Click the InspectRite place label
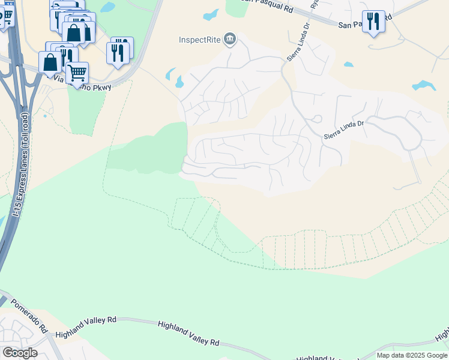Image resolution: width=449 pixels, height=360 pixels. tap(200, 40)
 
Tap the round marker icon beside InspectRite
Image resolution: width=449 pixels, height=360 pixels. tap(229, 40)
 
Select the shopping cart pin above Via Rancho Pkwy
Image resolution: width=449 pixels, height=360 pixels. tap(77, 73)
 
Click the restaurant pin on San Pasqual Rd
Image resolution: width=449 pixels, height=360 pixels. tap(373, 22)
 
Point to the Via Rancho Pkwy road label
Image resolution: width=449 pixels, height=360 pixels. tap(83, 83)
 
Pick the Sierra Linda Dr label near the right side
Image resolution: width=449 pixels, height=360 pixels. tap(344, 130)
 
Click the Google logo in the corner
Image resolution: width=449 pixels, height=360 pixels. tap(20, 352)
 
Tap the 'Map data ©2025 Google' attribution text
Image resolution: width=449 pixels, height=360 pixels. tap(412, 355)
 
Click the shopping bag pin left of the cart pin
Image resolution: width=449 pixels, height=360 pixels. tap(50, 62)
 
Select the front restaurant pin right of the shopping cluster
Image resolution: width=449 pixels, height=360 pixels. tap(117, 53)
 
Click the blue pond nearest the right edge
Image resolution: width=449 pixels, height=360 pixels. tap(424, 85)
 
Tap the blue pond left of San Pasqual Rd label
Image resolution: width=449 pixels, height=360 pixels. tap(211, 15)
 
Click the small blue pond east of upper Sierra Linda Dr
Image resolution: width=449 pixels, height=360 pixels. tap(348, 64)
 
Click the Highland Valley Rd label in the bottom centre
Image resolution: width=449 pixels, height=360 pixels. tap(188, 334)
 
